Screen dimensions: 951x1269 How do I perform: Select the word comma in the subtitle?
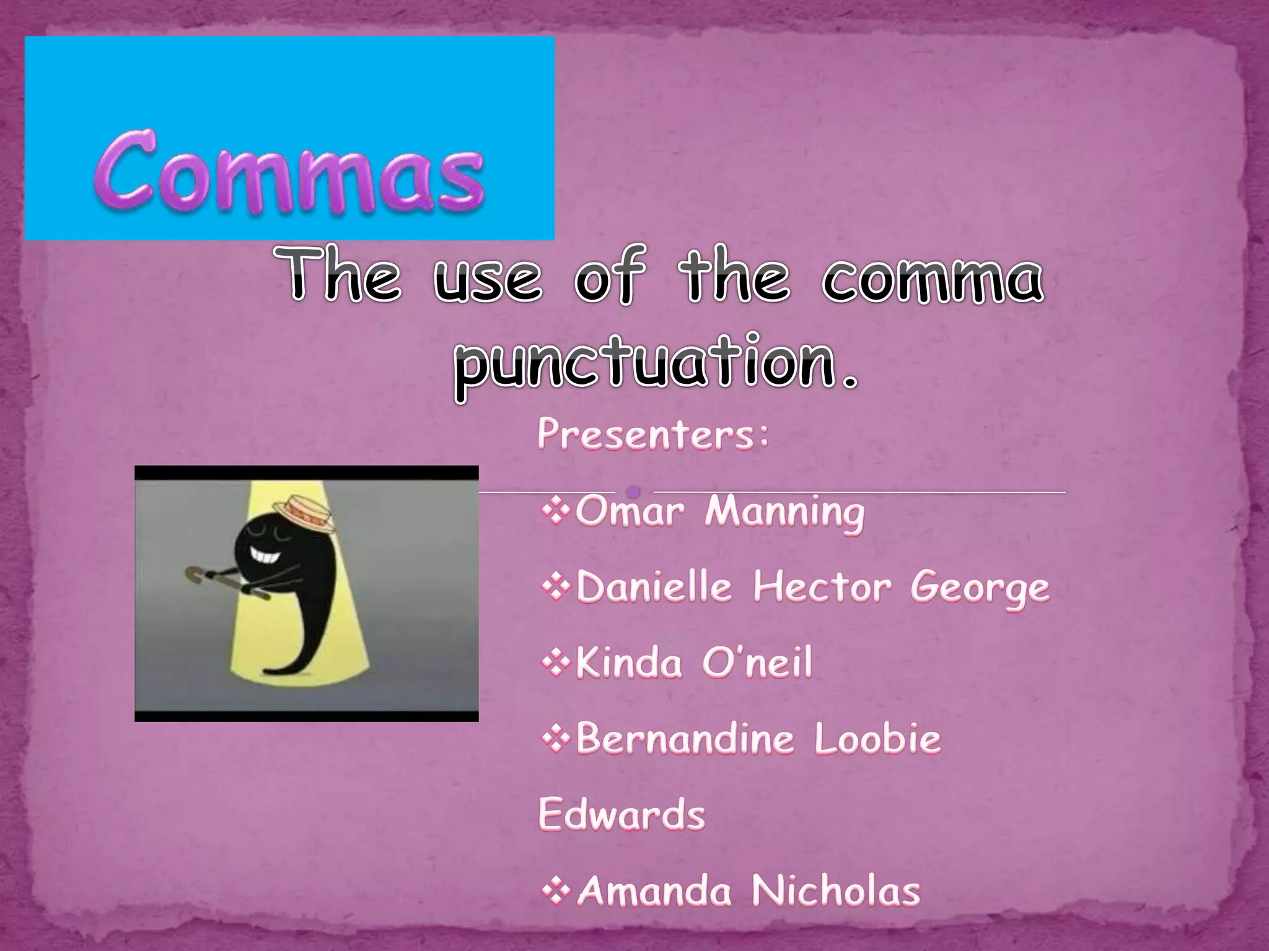(x=933, y=277)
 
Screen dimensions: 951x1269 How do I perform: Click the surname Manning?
(x=784, y=513)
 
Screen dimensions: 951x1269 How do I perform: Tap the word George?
(x=980, y=589)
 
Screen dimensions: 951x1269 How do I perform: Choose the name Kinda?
(x=629, y=662)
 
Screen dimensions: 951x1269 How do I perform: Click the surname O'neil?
(x=757, y=662)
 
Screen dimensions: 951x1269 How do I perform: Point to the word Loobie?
(x=877, y=739)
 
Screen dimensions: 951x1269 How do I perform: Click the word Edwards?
(x=621, y=814)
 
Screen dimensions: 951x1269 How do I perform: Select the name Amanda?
(x=654, y=891)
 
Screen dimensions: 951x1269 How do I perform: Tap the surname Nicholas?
(x=836, y=891)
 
